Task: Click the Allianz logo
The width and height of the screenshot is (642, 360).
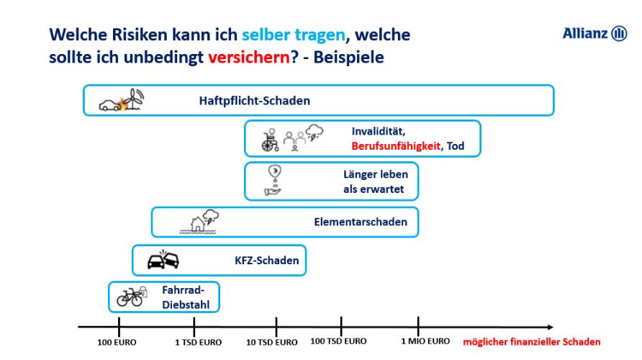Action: (x=594, y=33)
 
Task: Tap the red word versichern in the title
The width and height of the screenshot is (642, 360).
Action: (x=249, y=57)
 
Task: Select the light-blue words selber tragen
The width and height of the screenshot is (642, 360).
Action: (x=294, y=35)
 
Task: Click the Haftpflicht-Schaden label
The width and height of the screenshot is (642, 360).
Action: (x=254, y=100)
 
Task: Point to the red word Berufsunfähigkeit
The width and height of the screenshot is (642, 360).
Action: (x=396, y=146)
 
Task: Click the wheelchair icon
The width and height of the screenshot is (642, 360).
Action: (x=270, y=140)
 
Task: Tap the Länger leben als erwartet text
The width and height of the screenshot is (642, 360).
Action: (x=376, y=181)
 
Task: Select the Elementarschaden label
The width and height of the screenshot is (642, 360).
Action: (x=361, y=222)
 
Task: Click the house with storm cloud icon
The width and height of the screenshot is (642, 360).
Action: (x=199, y=222)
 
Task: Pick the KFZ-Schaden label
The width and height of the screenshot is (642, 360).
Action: (x=266, y=261)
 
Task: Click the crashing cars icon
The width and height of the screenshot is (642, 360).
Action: (x=163, y=259)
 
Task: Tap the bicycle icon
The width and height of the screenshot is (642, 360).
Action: (x=130, y=297)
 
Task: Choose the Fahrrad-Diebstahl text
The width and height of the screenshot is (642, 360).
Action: (x=186, y=297)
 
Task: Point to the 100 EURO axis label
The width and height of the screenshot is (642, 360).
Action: (x=117, y=343)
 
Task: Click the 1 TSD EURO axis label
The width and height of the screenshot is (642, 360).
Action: (x=198, y=343)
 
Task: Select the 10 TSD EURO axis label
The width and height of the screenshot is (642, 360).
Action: (x=271, y=343)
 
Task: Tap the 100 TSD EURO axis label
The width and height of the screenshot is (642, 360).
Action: (x=338, y=341)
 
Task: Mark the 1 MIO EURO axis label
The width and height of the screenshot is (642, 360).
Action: (x=425, y=341)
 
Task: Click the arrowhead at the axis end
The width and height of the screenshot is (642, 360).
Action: (x=551, y=327)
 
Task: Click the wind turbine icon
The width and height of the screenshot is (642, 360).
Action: (x=135, y=99)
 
